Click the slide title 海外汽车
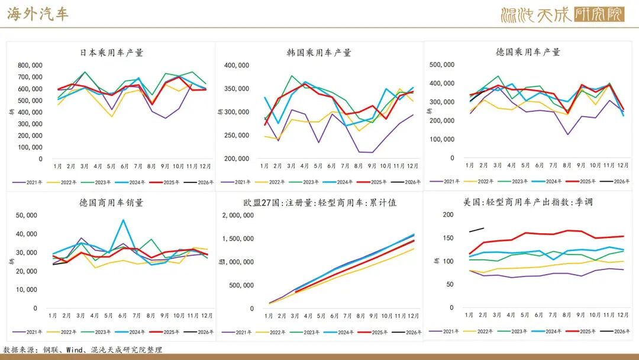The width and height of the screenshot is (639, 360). coord(38,14)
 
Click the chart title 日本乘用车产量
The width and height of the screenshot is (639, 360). coord(111,52)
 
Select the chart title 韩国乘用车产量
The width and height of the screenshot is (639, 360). coord(319,52)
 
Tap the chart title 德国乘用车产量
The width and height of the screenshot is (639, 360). coord(528,52)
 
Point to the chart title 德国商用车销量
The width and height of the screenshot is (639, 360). coord(111,202)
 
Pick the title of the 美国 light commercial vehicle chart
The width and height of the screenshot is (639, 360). coord(528,202)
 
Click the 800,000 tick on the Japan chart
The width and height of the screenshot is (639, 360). coord(30,65)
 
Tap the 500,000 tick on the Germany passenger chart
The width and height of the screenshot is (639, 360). coord(441,65)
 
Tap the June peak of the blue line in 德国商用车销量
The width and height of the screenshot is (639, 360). coord(123,220)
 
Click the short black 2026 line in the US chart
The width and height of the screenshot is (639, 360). coord(476,230)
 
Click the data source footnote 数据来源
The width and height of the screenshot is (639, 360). coord(82,349)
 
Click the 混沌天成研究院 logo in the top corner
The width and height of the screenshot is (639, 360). coord(562,15)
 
